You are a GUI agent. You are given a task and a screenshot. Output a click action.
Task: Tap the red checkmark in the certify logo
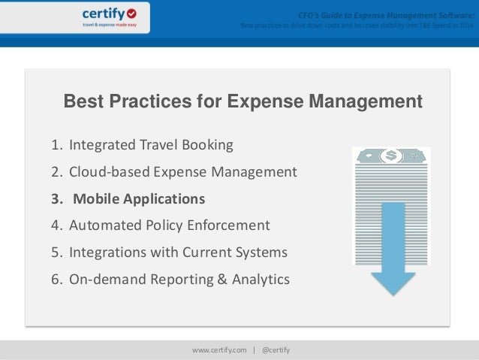[133, 13]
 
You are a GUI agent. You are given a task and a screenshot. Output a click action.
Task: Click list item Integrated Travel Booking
[151, 145]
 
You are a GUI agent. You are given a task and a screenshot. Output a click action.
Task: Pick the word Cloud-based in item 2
[110, 172]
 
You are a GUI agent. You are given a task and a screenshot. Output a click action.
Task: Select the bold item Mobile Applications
[138, 199]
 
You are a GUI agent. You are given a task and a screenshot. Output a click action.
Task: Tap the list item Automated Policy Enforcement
[169, 225]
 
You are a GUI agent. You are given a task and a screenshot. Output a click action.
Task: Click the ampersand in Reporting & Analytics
[221, 280]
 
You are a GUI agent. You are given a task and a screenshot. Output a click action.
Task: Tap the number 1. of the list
[56, 145]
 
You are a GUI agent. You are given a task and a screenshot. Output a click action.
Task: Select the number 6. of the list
[56, 280]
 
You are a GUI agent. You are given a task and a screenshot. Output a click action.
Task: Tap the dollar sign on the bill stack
[390, 156]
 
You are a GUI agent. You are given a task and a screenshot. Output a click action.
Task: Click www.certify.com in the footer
[220, 350]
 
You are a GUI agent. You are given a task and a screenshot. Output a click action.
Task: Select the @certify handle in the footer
[275, 350]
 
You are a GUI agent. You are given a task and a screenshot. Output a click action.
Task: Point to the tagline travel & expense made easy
[110, 25]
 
